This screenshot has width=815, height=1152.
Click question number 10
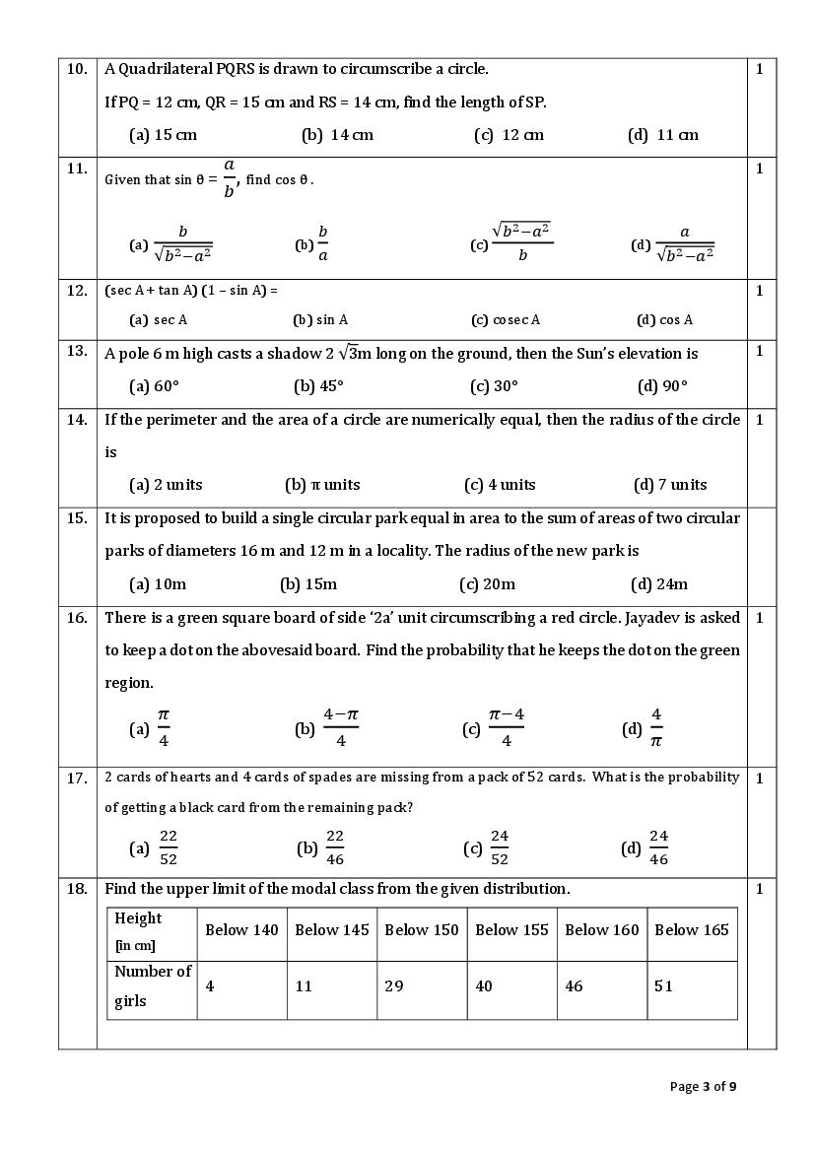(77, 70)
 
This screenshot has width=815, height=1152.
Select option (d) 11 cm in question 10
(662, 135)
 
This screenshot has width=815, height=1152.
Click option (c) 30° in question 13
(494, 386)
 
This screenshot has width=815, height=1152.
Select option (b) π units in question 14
(322, 485)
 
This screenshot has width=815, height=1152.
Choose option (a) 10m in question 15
(158, 584)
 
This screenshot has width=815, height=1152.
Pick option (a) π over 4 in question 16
(153, 728)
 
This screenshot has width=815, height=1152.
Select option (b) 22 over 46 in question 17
(323, 847)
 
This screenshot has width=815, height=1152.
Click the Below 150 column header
(422, 930)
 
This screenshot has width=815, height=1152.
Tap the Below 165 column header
(692, 930)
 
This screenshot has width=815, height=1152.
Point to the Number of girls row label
(152, 986)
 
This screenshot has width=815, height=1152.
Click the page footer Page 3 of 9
(703, 1087)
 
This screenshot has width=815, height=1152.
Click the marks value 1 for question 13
(760, 352)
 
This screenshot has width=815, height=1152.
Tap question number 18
(77, 889)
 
